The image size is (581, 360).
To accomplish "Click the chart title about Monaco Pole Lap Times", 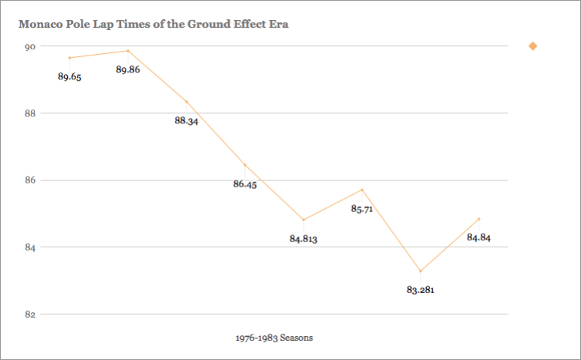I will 153,24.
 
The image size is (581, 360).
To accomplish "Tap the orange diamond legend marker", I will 532,46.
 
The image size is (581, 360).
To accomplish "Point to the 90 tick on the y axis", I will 30,46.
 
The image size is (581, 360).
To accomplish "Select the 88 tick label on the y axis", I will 30,113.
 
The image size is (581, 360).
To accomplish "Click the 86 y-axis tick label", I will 30,180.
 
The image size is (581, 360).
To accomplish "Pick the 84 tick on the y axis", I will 30,247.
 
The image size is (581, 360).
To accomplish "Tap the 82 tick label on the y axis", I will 30,315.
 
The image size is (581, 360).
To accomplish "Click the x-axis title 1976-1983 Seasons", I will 274,338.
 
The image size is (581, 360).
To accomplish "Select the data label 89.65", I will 70,76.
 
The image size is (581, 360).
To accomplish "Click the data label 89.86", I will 128,69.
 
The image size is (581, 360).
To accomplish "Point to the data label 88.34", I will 186,121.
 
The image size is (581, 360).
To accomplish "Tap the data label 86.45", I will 245,184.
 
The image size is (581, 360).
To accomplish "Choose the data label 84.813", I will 304,239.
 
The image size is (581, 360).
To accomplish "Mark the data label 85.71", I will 362,209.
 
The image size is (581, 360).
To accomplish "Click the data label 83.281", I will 421,290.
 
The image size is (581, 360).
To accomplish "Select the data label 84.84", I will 479,237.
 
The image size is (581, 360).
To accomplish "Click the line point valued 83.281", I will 421,271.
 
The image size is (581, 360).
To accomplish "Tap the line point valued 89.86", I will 128,51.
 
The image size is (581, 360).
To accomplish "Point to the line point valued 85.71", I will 362,190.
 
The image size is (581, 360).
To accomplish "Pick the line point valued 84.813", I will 304,220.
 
